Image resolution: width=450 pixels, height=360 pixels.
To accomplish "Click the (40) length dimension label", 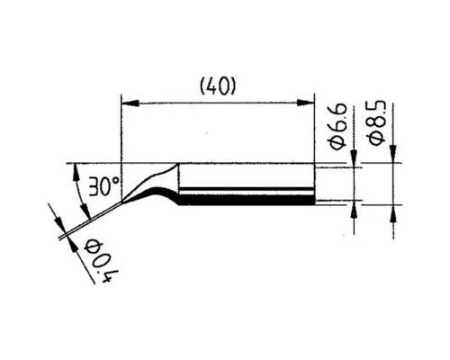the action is click(218, 87).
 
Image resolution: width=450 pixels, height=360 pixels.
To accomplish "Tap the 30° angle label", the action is click(104, 186).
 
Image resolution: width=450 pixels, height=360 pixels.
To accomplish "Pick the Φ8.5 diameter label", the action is click(377, 123).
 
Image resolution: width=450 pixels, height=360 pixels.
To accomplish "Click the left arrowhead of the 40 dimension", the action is click(130, 103).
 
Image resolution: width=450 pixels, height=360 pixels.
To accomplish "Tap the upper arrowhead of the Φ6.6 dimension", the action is click(355, 158).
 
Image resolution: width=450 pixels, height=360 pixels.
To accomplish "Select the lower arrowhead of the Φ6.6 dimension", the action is click(355, 209).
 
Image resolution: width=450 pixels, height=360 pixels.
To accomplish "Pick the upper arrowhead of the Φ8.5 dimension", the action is click(393, 154).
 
